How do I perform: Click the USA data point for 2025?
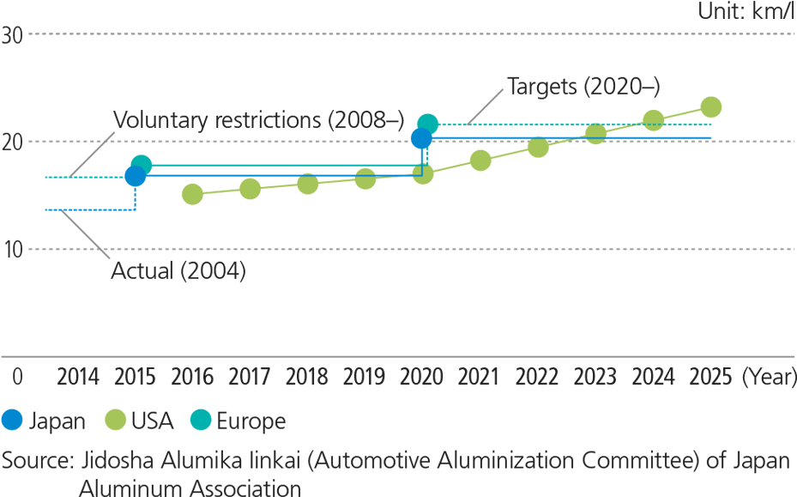(711, 106)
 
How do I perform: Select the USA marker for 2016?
(193, 195)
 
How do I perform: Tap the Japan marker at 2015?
(135, 176)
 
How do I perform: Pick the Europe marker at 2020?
(427, 124)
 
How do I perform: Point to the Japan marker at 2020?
(421, 138)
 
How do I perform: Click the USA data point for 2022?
(538, 147)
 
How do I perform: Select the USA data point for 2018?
(307, 184)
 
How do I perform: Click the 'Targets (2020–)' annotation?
(583, 87)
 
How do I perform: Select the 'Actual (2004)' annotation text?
(178, 271)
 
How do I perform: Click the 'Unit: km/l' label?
(746, 10)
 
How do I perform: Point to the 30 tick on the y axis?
(12, 35)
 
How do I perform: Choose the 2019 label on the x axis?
(365, 378)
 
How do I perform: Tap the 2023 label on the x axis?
(595, 378)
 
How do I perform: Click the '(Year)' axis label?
(768, 378)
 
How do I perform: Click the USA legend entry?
(139, 421)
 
